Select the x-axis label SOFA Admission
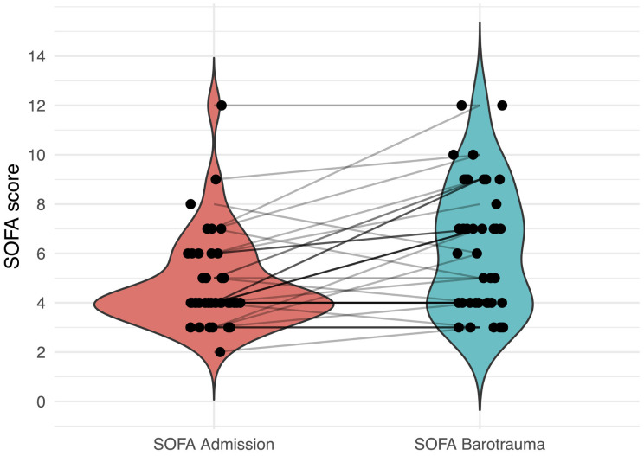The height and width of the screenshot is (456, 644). [x=213, y=444]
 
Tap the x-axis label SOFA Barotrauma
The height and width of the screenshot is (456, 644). [x=479, y=444]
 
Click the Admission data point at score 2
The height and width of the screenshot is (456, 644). [x=220, y=352]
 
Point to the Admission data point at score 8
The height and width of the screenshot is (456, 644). [x=190, y=204]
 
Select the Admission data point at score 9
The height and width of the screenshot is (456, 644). [x=216, y=179]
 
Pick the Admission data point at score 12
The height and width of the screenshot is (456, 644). [x=222, y=106]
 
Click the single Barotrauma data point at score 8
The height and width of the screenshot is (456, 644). [x=496, y=204]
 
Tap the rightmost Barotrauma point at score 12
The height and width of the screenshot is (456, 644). [x=502, y=106]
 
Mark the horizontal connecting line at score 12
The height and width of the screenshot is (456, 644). [x=346, y=106]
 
